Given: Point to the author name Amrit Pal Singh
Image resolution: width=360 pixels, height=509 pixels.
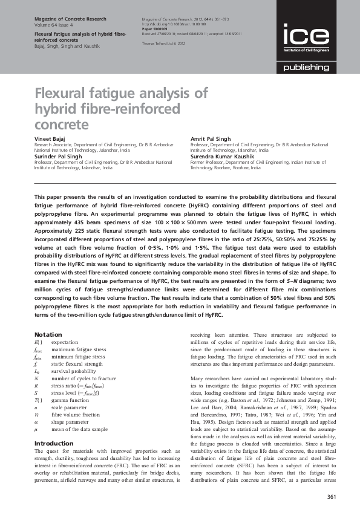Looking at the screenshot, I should [x=211, y=139].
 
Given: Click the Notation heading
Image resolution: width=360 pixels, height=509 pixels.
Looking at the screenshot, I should [x=48, y=334].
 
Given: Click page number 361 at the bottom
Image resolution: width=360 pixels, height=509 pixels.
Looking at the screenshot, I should [x=331, y=497].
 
